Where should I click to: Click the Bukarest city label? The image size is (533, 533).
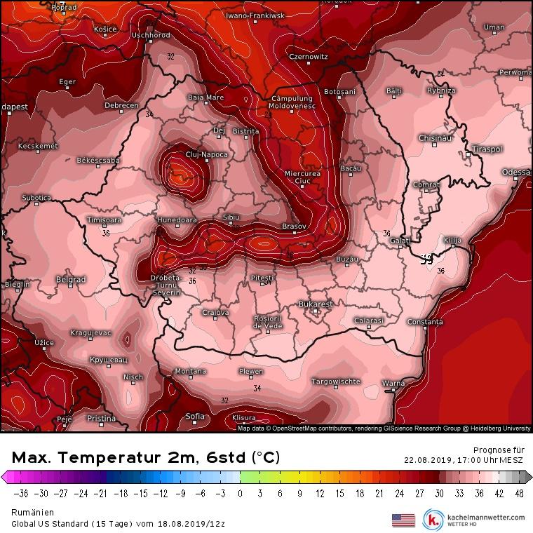315,304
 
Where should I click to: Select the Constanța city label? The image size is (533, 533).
426,322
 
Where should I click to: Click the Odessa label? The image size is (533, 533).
517,172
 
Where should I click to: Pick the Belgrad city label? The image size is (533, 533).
70,280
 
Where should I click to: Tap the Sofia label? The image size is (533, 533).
196,416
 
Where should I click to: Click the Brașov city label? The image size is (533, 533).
294,227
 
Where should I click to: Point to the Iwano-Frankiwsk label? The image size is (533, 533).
255,15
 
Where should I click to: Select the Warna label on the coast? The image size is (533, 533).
393,383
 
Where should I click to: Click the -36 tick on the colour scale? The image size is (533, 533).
20,493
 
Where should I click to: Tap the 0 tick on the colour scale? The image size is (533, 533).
240,493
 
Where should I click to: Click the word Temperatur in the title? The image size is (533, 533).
121,458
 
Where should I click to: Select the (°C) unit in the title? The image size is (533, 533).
266,458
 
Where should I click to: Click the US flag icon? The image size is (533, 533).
403,520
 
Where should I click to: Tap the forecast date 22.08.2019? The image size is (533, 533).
426,461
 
